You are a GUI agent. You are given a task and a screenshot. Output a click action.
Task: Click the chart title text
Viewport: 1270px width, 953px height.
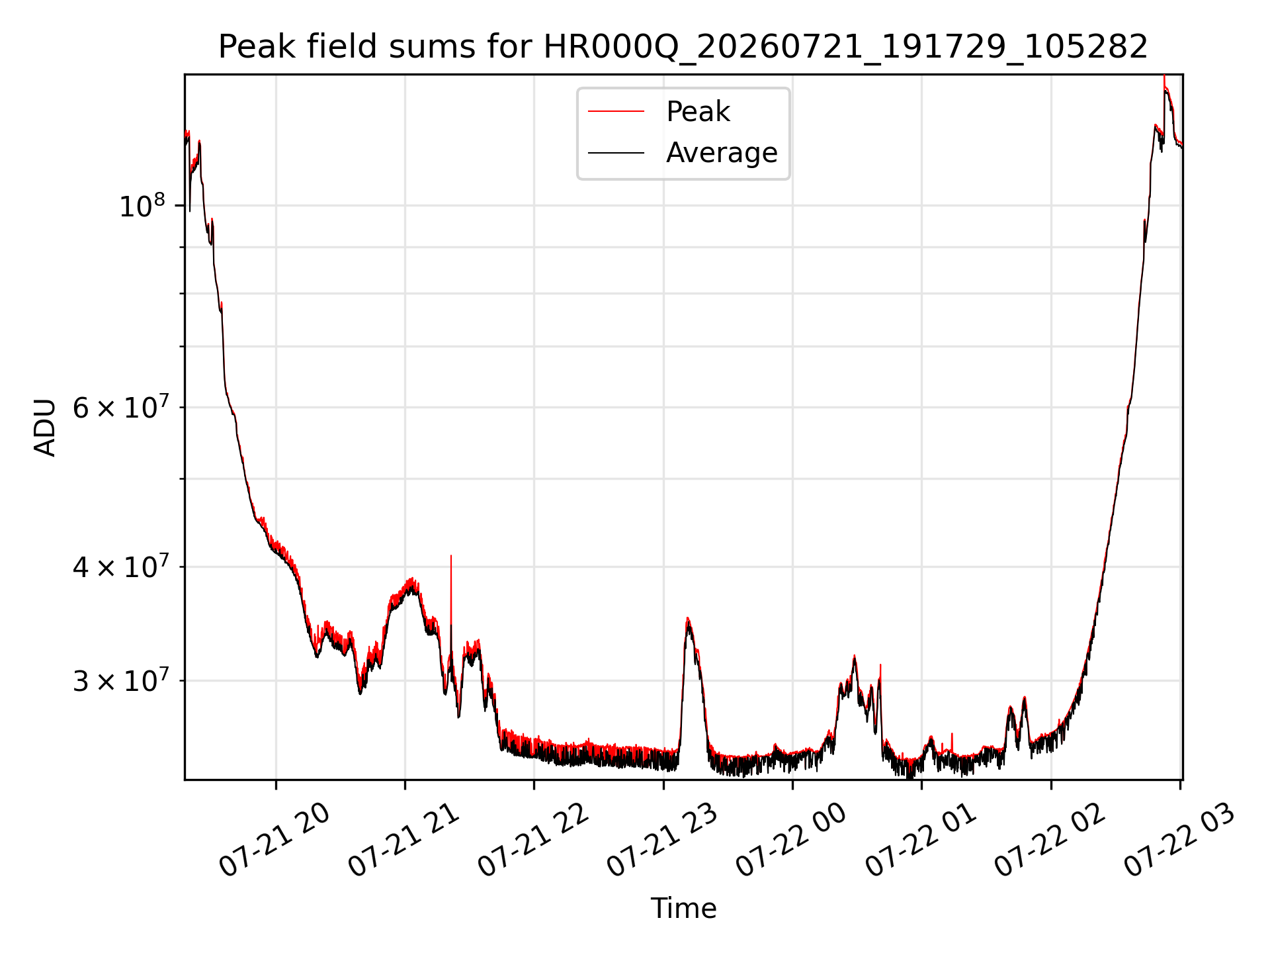683,47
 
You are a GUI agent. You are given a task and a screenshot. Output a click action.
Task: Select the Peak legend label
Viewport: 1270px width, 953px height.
698,112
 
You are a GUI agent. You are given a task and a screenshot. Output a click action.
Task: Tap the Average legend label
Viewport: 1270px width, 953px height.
722,153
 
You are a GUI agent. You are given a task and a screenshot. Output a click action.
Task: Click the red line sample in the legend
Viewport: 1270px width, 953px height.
616,111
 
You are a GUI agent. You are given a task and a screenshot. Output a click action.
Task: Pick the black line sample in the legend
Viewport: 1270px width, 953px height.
616,153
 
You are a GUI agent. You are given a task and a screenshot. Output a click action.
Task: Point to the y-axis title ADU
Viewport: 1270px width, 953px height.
45,427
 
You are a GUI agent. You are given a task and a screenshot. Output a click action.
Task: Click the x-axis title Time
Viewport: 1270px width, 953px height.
683,909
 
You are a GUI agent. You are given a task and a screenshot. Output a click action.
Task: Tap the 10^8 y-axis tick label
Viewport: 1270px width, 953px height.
142,206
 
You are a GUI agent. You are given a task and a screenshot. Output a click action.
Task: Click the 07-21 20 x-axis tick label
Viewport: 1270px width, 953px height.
275,840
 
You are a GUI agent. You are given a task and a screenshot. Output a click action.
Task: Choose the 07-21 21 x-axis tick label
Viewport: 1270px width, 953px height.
403,840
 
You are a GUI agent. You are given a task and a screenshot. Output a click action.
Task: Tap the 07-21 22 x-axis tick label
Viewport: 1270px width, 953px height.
533,840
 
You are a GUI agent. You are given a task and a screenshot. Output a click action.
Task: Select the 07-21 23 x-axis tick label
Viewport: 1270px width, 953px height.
662,840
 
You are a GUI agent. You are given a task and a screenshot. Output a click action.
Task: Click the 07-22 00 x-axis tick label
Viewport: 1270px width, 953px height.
791,840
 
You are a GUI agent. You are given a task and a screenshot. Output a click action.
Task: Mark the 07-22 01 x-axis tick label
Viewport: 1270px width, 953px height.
921,840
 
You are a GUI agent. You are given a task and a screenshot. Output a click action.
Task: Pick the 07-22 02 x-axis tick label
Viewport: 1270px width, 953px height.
1050,840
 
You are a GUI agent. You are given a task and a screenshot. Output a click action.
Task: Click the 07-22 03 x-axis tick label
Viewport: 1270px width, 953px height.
1179,840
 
